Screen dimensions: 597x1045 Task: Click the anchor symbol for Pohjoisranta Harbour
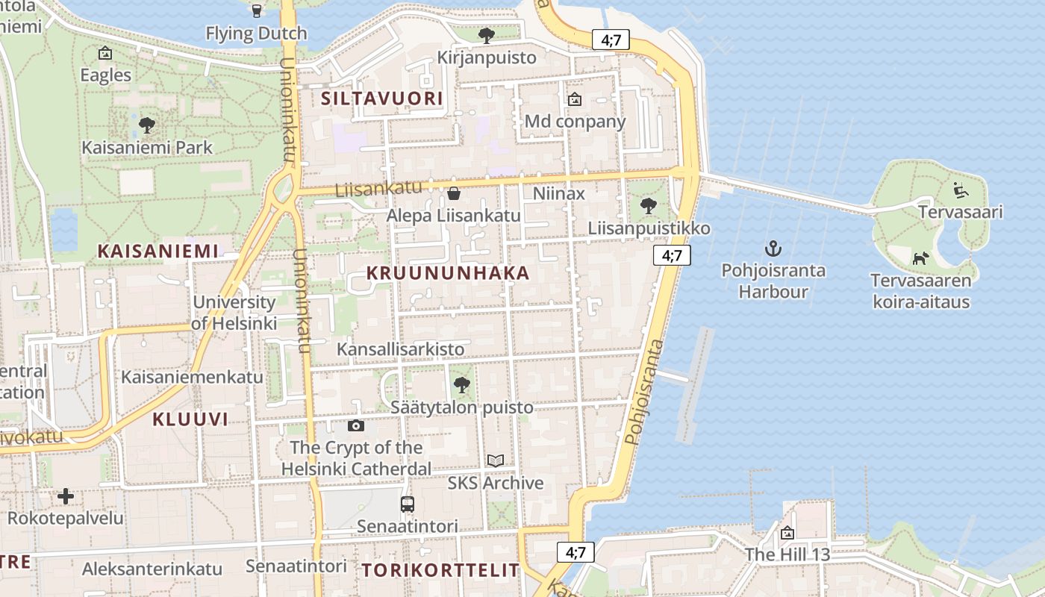point(773,249)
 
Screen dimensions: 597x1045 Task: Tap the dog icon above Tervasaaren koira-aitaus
point(920,258)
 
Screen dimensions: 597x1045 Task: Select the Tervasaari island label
point(961,212)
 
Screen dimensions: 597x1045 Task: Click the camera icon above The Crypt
point(356,425)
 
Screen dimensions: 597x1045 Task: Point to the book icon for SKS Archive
point(496,461)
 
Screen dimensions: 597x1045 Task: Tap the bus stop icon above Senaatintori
point(407,504)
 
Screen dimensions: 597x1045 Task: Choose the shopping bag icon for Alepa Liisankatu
point(453,194)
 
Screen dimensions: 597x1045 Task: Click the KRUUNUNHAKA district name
point(448,273)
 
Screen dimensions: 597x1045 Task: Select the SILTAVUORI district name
point(382,99)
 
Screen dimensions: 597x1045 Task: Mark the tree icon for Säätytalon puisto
point(462,385)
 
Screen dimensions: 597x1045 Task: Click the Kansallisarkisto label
point(401,349)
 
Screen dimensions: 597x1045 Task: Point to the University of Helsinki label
point(234,313)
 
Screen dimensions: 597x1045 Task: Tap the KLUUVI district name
point(190,419)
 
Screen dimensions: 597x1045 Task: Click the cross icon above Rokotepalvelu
point(66,496)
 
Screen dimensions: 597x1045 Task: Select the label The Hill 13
point(787,555)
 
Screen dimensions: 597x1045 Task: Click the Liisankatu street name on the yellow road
point(378,190)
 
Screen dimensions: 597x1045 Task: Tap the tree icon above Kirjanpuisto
point(487,35)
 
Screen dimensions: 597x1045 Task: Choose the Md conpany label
point(575,121)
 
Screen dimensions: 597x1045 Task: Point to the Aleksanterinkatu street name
point(152,569)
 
